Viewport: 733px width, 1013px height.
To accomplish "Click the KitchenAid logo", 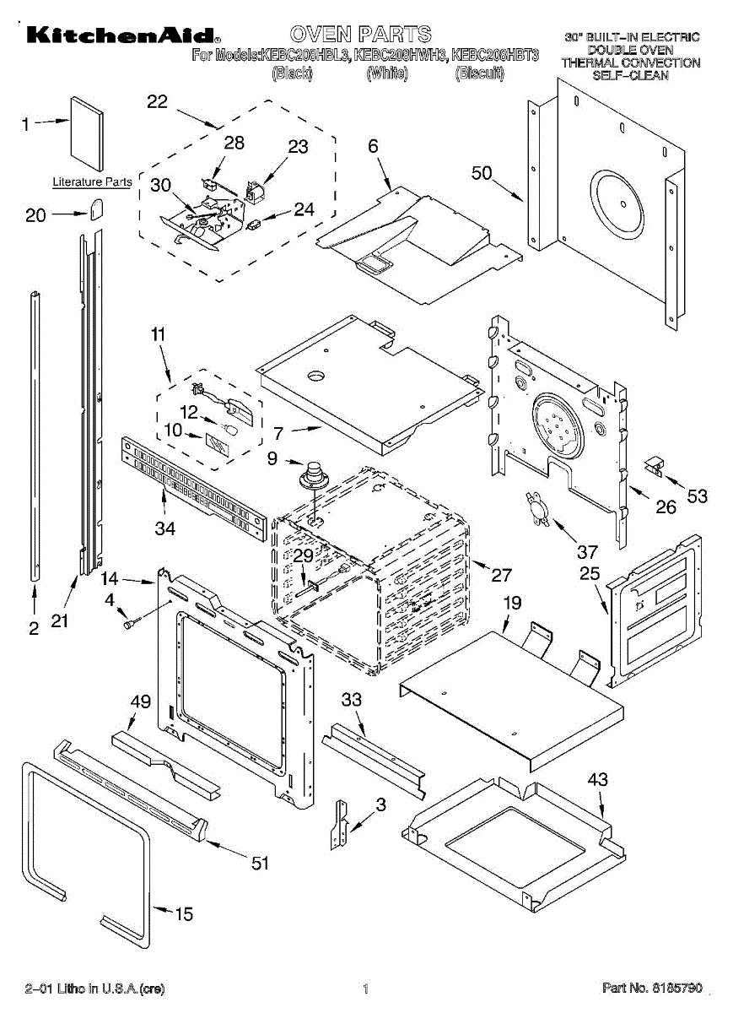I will pos(122,35).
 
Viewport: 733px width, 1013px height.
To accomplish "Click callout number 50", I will pos(482,173).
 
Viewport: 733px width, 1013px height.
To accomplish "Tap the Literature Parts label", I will pos(92,182).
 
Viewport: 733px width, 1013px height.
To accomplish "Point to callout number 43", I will pos(597,780).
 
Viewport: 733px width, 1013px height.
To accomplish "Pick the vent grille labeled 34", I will pos(192,489).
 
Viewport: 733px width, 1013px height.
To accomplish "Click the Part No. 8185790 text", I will pos(652,987).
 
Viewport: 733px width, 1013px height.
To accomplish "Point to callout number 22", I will pos(157,102).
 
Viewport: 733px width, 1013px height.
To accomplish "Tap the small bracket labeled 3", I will pos(342,822).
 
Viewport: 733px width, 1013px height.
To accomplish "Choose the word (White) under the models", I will pos(387,73).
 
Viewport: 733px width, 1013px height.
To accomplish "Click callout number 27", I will pos(501,575).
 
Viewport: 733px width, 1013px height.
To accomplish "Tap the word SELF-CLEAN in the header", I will pos(630,75).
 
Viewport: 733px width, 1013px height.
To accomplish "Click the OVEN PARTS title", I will pos(360,34).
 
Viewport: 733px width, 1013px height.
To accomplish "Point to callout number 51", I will pos(261,862).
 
